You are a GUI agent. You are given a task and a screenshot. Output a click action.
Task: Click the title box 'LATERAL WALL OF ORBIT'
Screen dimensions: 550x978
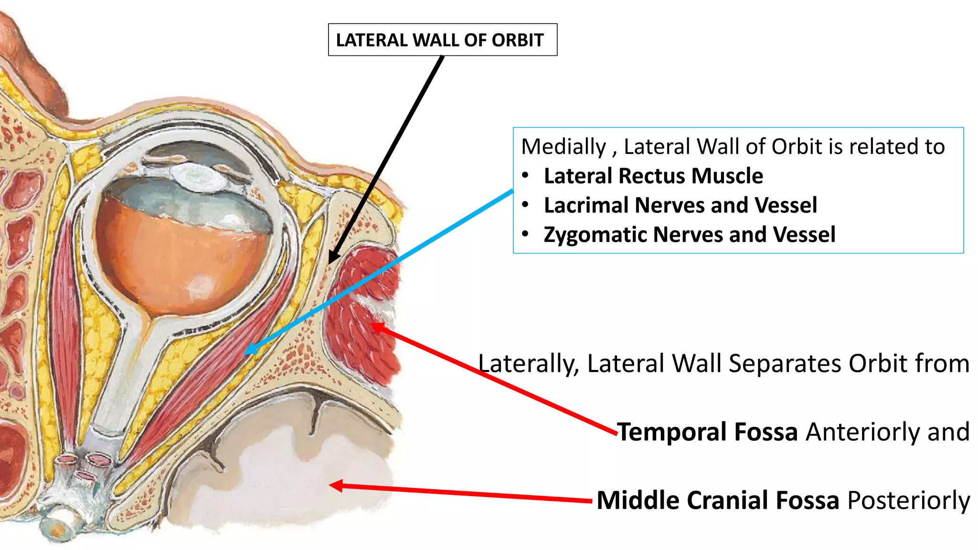[x=442, y=40]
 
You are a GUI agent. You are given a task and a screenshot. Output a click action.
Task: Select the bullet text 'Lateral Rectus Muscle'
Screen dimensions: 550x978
[x=653, y=176]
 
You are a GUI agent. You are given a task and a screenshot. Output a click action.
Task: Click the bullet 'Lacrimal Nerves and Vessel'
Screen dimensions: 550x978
[x=680, y=205]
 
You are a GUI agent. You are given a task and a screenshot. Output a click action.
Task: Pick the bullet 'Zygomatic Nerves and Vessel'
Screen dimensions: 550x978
[x=689, y=234]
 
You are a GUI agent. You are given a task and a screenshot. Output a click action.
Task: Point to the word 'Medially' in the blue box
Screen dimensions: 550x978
[x=563, y=147]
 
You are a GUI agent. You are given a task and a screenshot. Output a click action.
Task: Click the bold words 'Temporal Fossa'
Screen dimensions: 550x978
[x=707, y=432]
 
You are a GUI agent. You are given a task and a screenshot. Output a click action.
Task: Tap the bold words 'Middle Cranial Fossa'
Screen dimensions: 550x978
[x=718, y=500]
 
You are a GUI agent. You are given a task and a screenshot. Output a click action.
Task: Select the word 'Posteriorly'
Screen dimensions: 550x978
[x=908, y=500]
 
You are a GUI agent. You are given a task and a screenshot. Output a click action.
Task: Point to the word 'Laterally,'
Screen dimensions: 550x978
[x=528, y=363]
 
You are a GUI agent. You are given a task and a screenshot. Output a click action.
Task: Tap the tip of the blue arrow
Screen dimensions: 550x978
[x=245, y=353]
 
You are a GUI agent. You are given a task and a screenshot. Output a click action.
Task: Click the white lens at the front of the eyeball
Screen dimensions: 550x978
[x=200, y=177]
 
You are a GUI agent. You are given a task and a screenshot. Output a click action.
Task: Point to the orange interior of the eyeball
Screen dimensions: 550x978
[x=181, y=258]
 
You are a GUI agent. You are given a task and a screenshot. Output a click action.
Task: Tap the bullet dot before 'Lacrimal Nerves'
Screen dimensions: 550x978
[x=525, y=205]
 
